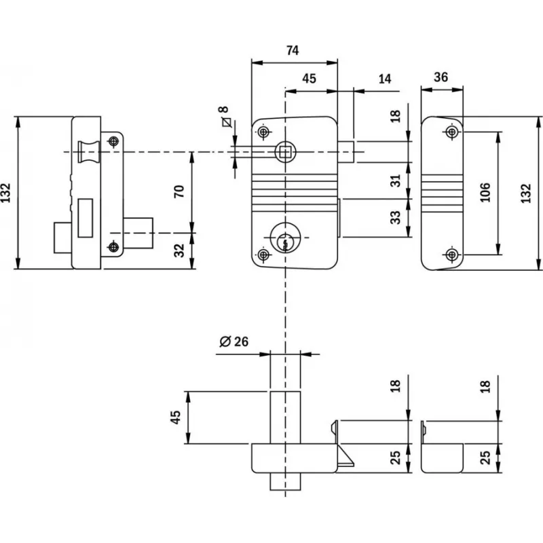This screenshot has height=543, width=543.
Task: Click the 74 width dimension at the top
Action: click(293, 51)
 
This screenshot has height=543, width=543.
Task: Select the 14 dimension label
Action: click(384, 79)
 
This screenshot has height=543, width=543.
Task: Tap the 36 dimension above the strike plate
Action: click(441, 77)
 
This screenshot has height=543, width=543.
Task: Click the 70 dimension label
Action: click(179, 191)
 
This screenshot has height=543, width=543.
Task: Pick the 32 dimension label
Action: click(179, 250)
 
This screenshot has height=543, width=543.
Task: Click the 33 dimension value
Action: click(396, 218)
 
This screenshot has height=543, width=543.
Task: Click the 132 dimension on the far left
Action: click(6, 193)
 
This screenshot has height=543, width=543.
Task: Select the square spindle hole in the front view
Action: click(286, 151)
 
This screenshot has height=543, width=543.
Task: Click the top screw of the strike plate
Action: click(452, 131)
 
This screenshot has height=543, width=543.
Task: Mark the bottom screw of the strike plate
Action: click(452, 255)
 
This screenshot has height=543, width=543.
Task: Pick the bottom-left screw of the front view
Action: click(263, 255)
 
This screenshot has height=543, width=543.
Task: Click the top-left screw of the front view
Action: click(263, 131)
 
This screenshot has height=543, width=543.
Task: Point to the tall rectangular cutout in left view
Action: click(86, 218)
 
